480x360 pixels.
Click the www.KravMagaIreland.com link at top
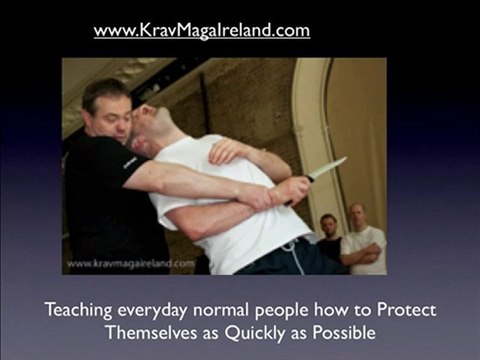click(201, 30)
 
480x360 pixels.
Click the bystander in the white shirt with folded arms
click(361, 245)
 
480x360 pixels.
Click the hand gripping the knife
click(292, 189)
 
